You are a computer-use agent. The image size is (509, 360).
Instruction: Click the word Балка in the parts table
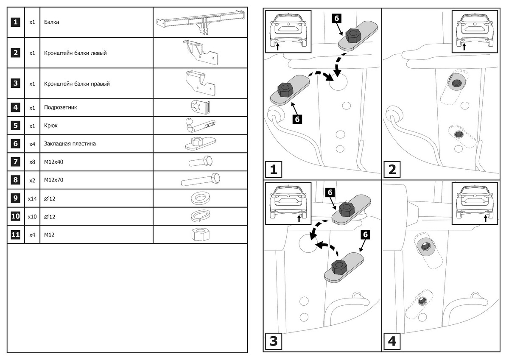click(51, 22)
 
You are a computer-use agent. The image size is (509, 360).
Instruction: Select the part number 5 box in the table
click(15, 126)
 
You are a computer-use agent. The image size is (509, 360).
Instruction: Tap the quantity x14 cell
click(32, 198)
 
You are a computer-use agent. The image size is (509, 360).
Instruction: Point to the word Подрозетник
click(60, 108)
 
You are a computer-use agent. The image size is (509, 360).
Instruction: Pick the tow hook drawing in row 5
click(200, 125)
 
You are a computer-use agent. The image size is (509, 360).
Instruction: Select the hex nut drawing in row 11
click(199, 234)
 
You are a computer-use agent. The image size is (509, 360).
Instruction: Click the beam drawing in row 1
click(200, 24)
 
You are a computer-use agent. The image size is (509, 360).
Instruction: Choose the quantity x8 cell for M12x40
click(32, 162)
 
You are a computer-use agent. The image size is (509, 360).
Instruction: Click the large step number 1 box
click(274, 170)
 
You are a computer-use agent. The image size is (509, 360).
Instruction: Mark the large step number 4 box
click(392, 341)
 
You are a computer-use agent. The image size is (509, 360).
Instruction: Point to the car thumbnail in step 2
click(475, 31)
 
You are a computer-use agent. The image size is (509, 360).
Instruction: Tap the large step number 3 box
click(274, 341)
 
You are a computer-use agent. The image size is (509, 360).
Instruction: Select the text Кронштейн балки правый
click(77, 84)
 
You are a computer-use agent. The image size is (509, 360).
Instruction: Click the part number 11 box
click(15, 234)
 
